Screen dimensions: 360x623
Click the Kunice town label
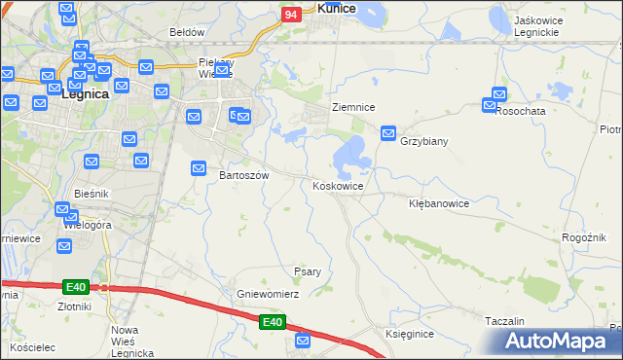[x=336, y=8]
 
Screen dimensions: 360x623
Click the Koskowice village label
[x=339, y=186]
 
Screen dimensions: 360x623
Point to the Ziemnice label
[x=353, y=107]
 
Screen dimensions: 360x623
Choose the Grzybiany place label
[x=424, y=141]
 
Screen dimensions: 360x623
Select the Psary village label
[x=308, y=271]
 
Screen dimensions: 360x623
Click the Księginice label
[x=409, y=333]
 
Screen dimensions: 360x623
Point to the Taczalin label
[x=504, y=320]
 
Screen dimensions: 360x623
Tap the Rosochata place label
[x=520, y=111]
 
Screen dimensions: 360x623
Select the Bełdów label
[x=187, y=32]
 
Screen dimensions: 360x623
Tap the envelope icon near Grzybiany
[x=388, y=132]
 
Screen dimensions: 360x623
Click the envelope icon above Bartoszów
[x=199, y=168]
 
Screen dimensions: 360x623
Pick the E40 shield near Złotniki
[x=77, y=287]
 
